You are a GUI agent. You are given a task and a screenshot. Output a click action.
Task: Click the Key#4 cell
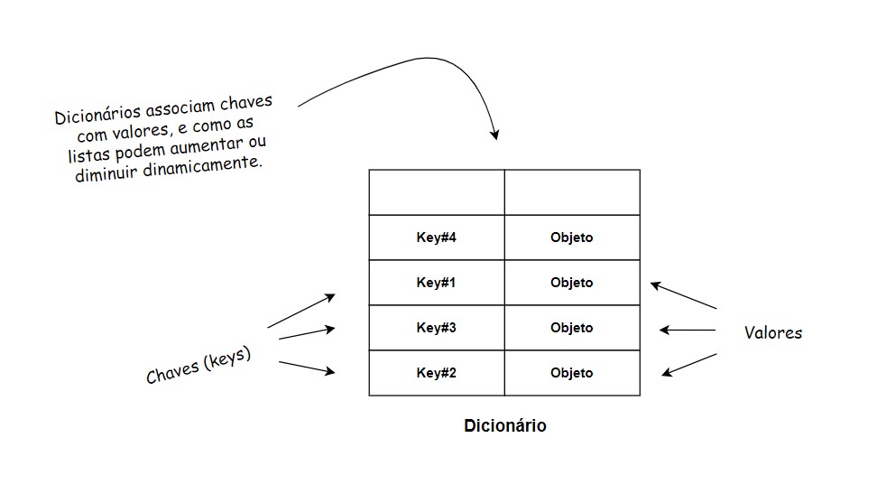[x=437, y=238]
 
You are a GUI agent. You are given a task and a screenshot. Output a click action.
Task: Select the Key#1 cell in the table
[x=437, y=283]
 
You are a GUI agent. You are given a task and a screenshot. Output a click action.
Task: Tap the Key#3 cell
[x=437, y=328]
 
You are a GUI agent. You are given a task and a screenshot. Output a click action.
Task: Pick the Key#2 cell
[x=437, y=373]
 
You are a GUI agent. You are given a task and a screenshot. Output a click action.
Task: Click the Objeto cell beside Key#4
[x=571, y=238]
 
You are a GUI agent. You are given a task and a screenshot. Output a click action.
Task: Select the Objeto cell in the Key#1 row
[x=571, y=283]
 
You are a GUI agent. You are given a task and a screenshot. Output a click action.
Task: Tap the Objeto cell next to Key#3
[x=571, y=328]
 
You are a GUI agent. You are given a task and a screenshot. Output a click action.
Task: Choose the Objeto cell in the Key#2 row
[x=571, y=373]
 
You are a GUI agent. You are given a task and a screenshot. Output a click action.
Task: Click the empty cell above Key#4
[x=437, y=192]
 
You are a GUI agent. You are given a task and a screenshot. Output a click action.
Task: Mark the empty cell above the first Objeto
[x=571, y=192]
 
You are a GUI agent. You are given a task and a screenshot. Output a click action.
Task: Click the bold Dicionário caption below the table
[x=504, y=425]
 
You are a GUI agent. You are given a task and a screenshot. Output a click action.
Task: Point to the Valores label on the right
[x=772, y=332]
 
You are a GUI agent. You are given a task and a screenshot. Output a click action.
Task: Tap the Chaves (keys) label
[x=198, y=366]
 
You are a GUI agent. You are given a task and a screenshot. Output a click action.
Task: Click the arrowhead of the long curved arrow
[x=494, y=135]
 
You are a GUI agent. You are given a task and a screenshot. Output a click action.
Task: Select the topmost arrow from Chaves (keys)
[x=302, y=311]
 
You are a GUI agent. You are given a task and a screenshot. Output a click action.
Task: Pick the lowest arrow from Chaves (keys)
[x=307, y=367]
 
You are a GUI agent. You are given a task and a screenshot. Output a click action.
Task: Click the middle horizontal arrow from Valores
[x=688, y=331]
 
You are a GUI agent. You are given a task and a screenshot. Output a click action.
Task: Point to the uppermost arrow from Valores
[x=683, y=297]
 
